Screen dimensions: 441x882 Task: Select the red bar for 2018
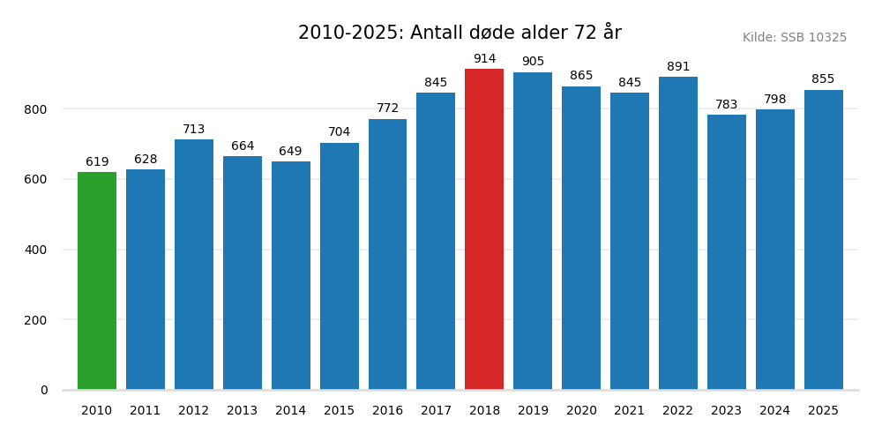pyautogui.click(x=484, y=229)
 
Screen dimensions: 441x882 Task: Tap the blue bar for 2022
pyautogui.click(x=678, y=233)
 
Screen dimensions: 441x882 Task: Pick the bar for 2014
pyautogui.click(x=290, y=275)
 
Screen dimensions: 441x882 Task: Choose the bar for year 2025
pyautogui.click(x=823, y=240)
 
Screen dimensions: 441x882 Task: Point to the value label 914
pyautogui.click(x=484, y=59)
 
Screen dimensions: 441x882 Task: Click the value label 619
pyautogui.click(x=97, y=162)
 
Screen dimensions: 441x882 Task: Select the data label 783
pyautogui.click(x=726, y=105)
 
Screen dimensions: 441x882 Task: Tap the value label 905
pyautogui.click(x=533, y=62)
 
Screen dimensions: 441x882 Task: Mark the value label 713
pyautogui.click(x=194, y=130)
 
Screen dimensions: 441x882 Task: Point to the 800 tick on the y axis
pyautogui.click(x=36, y=109)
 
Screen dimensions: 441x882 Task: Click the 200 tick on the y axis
pyautogui.click(x=36, y=320)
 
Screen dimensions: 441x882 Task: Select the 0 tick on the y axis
pyautogui.click(x=44, y=390)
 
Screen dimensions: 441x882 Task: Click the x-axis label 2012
pyautogui.click(x=194, y=411)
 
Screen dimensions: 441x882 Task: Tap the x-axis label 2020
pyautogui.click(x=581, y=411)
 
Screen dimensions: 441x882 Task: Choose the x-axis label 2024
pyautogui.click(x=774, y=411)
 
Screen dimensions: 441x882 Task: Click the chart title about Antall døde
pyautogui.click(x=460, y=34)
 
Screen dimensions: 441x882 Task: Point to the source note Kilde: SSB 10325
pyautogui.click(x=794, y=38)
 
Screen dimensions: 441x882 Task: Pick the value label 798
pyautogui.click(x=774, y=100)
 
